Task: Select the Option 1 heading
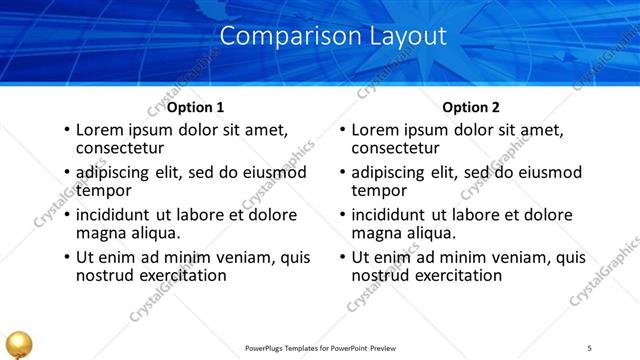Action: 195,107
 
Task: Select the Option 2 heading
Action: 470,107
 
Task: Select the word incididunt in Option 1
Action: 117,215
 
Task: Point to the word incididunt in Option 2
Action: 393,215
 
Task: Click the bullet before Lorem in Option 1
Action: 66,131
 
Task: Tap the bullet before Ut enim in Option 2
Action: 342,258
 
